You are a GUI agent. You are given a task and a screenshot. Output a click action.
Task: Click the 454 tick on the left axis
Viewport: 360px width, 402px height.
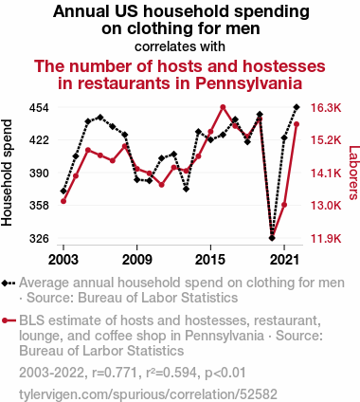pyautogui.click(x=39, y=108)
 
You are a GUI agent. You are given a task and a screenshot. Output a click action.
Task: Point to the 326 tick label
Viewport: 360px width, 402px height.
pyautogui.click(x=39, y=238)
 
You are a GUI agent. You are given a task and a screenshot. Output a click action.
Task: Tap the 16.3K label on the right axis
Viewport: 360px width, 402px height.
pyautogui.click(x=326, y=108)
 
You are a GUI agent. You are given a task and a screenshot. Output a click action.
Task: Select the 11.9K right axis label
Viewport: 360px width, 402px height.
pyautogui.click(x=326, y=238)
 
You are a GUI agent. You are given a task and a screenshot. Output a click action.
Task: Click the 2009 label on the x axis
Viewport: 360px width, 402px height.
pyautogui.click(x=136, y=260)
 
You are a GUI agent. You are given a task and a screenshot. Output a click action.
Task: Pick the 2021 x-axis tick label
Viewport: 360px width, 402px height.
pyautogui.click(x=284, y=260)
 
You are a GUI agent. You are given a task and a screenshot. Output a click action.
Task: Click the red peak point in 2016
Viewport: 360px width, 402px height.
pyautogui.click(x=223, y=107)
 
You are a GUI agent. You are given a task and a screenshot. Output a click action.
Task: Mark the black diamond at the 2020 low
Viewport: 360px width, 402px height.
pyautogui.click(x=272, y=238)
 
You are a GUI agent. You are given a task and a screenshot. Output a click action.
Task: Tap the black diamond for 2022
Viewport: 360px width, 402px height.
pyautogui.click(x=297, y=107)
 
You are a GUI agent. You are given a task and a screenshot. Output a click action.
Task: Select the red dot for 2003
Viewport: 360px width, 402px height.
pyautogui.click(x=63, y=201)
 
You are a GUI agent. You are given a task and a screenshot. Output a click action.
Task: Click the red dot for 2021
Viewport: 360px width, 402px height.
pyautogui.click(x=284, y=205)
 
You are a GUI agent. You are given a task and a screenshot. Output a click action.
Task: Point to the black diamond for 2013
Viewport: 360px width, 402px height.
pyautogui.click(x=187, y=189)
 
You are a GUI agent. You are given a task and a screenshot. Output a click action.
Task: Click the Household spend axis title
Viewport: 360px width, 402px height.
pyautogui.click(x=7, y=173)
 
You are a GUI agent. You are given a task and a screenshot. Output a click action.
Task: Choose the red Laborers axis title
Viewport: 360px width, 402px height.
pyautogui.click(x=353, y=173)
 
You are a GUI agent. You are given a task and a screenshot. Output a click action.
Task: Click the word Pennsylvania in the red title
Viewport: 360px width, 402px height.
pyautogui.click(x=248, y=83)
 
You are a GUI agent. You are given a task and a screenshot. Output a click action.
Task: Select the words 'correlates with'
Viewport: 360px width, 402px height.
pyautogui.click(x=180, y=46)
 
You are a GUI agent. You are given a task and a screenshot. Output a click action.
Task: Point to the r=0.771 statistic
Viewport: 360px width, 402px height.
pyautogui.click(x=115, y=373)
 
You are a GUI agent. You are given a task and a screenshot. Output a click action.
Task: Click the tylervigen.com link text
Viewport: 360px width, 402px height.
pyautogui.click(x=148, y=394)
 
